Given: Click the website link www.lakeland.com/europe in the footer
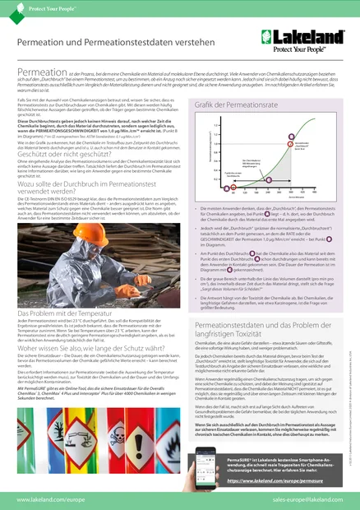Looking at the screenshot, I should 53,498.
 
